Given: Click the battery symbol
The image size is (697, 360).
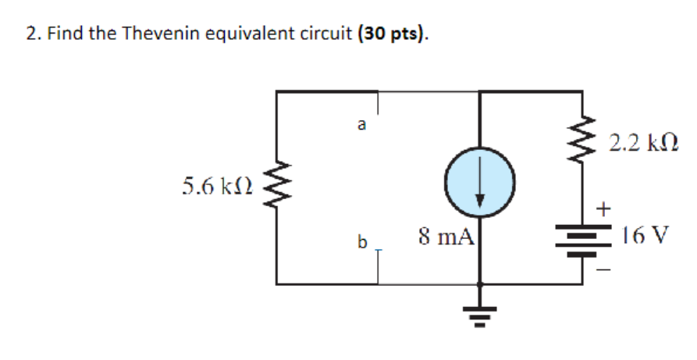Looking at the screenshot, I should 582,237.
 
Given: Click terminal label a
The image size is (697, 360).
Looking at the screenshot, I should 360,123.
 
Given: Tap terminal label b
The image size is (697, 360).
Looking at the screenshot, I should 361,242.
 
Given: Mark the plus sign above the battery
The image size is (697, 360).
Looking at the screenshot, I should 604,209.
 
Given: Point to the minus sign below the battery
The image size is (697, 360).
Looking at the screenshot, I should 605,270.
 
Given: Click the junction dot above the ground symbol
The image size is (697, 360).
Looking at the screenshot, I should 479,285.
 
